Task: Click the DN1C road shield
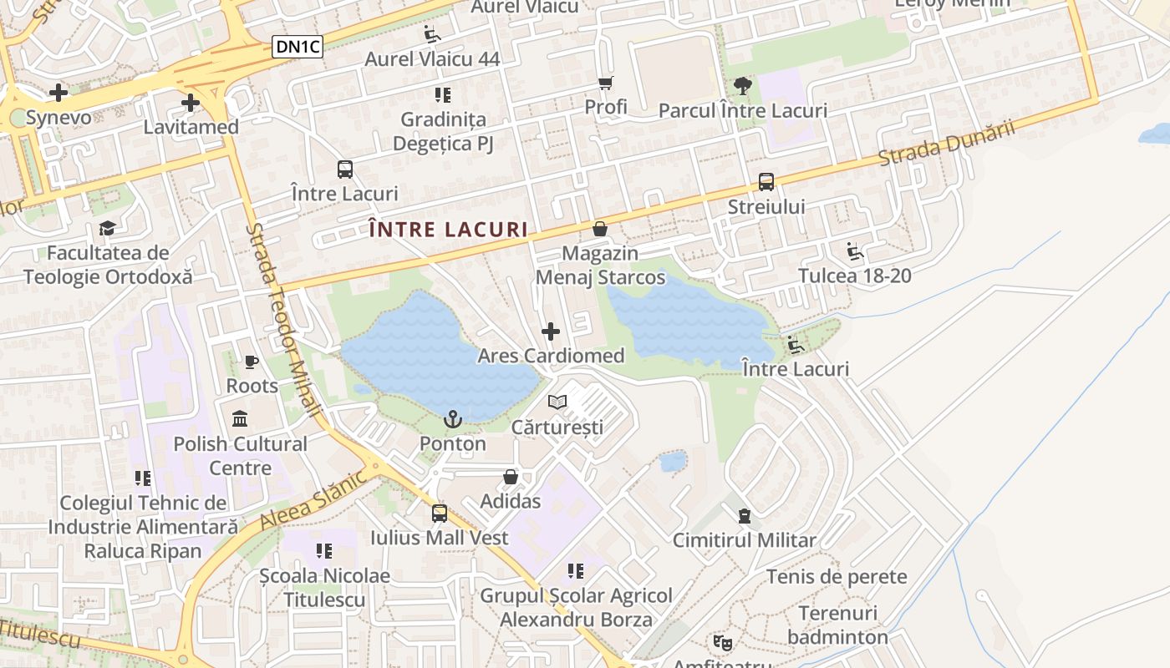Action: click(298, 47)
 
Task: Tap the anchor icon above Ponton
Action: click(452, 419)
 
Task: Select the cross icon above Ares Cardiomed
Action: click(551, 331)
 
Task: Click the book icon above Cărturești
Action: click(557, 402)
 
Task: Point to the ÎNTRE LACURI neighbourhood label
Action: click(449, 230)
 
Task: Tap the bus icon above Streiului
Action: click(766, 182)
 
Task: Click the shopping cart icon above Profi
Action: click(606, 83)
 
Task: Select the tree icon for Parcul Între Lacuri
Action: click(742, 86)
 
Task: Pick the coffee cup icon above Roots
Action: click(252, 362)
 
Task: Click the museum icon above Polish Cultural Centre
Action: click(240, 418)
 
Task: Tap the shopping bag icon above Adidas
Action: click(511, 477)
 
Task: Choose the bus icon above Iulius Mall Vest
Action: click(440, 513)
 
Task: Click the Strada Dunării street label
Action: click(946, 142)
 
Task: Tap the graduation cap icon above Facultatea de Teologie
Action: click(107, 228)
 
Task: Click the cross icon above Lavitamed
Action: click(191, 103)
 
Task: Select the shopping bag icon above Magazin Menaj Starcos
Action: click(599, 228)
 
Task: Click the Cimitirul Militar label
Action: click(744, 540)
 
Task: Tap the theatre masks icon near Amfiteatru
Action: click(722, 642)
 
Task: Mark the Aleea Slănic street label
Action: click(313, 498)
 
